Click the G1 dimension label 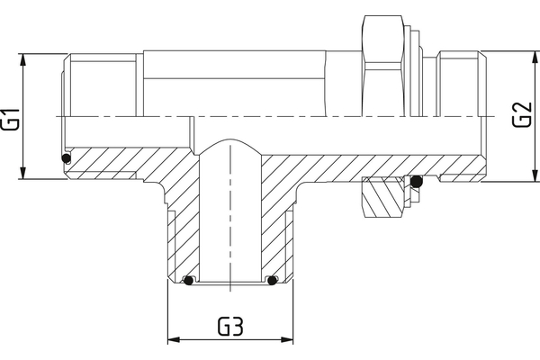point(10,117)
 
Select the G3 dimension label point(230,327)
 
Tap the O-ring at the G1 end point(66,160)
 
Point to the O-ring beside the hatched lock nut point(417,183)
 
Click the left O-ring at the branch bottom point(188,280)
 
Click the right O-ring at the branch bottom point(272,280)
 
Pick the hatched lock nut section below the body point(384,195)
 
